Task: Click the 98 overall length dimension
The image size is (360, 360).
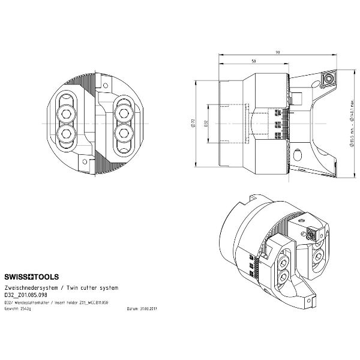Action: coord(277,52)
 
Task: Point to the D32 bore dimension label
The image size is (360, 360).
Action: coord(206,124)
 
